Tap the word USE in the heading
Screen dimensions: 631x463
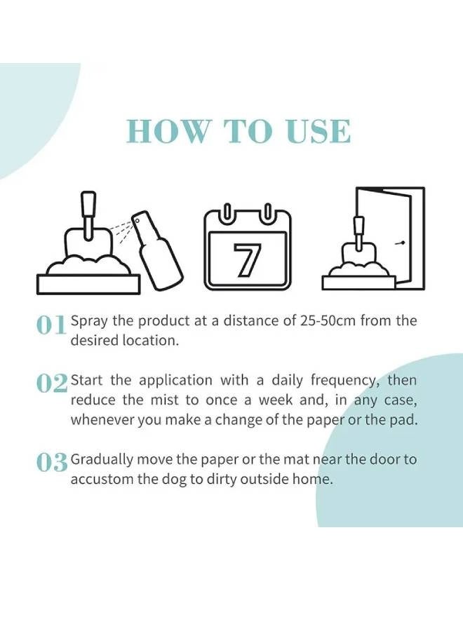click(317, 132)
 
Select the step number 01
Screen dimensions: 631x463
click(51, 325)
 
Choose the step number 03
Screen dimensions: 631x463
click(52, 463)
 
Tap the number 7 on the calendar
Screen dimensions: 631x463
click(247, 260)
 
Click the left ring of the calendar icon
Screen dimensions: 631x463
click(227, 214)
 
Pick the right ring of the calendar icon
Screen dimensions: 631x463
click(267, 214)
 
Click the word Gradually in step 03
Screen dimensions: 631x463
click(101, 460)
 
